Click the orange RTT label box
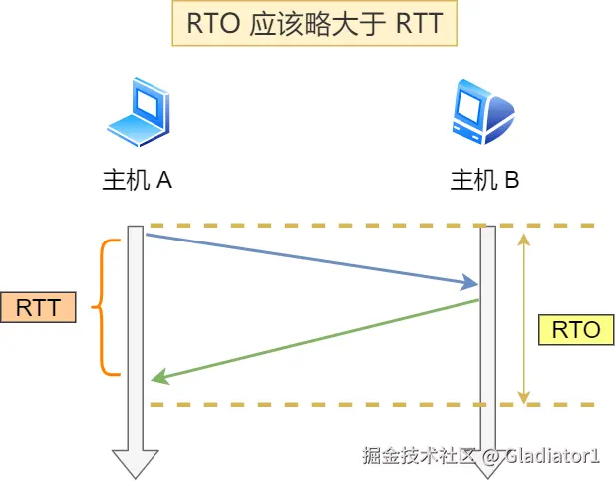point(38,307)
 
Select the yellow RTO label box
point(575,330)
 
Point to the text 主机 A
point(138,180)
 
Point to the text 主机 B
point(484,180)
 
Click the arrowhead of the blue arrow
point(472,285)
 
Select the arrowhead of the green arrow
point(156,379)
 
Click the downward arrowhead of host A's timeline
point(135,463)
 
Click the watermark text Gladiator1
point(550,457)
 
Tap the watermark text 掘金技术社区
point(417,457)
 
